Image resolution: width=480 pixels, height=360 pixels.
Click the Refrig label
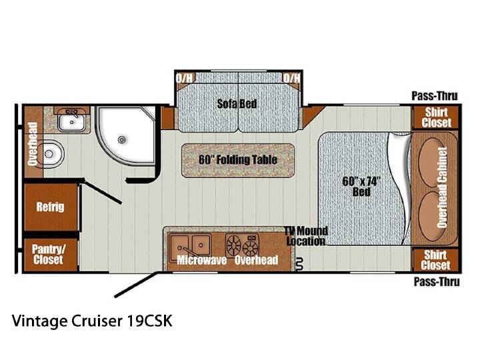pyautogui.click(x=50, y=207)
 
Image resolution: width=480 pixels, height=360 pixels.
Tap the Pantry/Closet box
pyautogui.click(x=51, y=255)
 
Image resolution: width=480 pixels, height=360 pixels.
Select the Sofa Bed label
pyautogui.click(x=237, y=104)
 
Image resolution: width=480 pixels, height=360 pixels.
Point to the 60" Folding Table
pyautogui.click(x=238, y=160)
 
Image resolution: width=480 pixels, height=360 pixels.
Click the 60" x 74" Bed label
pyautogui.click(x=361, y=187)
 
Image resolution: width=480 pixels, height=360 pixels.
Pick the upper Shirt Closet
pyautogui.click(x=436, y=117)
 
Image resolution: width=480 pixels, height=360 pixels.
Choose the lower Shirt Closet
pyautogui.click(x=435, y=260)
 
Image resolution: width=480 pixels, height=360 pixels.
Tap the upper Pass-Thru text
pyautogui.click(x=435, y=96)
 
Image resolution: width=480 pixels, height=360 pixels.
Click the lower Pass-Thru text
pyautogui.click(x=437, y=281)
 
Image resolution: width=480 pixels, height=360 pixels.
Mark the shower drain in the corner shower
pyautogui.click(x=122, y=140)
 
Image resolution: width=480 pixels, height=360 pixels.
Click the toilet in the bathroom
pyautogui.click(x=53, y=154)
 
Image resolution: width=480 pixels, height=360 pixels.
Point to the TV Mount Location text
pyautogui.click(x=306, y=236)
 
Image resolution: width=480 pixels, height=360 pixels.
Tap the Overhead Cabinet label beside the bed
pyautogui.click(x=442, y=187)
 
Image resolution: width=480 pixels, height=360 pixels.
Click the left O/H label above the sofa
pyautogui.click(x=184, y=78)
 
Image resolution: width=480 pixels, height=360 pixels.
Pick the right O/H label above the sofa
pyautogui.click(x=292, y=78)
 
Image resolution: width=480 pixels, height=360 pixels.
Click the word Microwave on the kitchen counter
pyautogui.click(x=202, y=260)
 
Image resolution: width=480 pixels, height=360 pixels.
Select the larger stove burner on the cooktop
pyautogui.click(x=234, y=244)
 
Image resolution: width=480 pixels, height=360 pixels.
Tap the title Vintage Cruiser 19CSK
pyautogui.click(x=92, y=321)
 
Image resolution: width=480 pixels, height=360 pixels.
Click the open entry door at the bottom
pyautogui.click(x=135, y=285)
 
